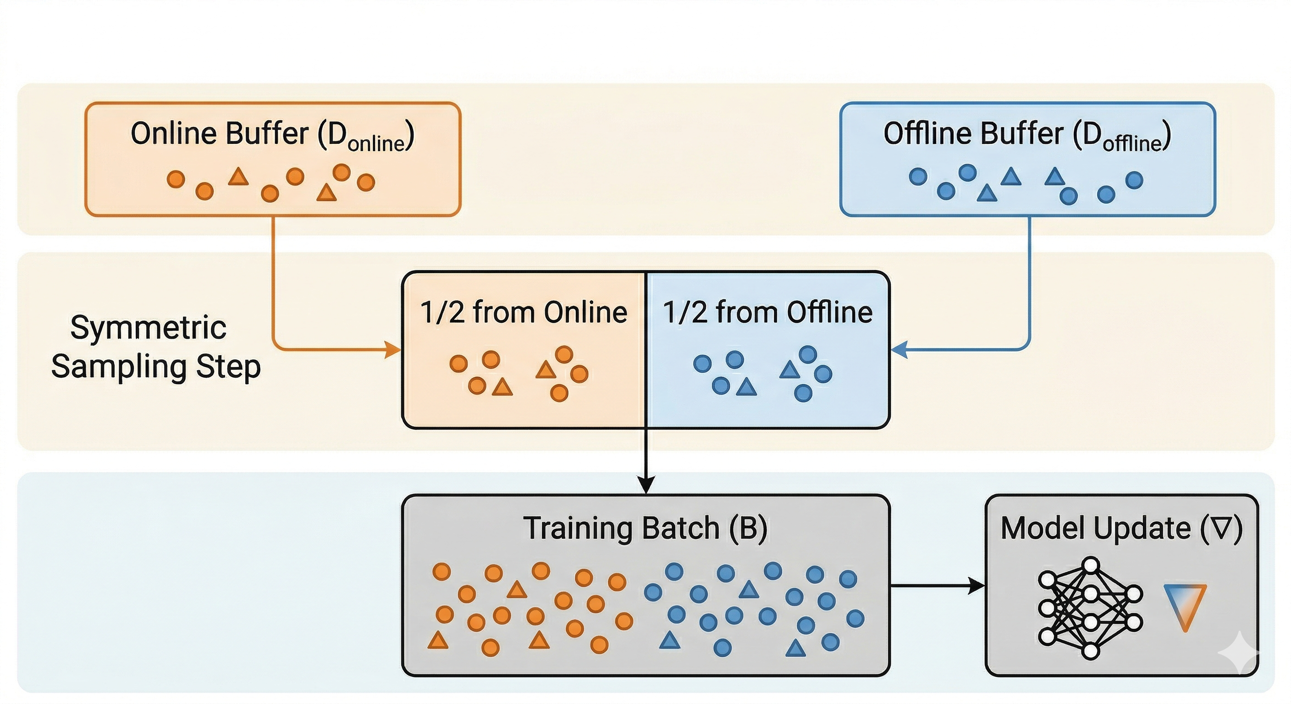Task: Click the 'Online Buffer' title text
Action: tap(220, 134)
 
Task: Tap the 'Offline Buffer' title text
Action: tap(973, 134)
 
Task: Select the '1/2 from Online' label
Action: tap(523, 312)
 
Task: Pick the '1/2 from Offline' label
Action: tap(767, 312)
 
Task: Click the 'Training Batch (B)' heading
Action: tap(645, 528)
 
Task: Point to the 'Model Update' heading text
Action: tap(1096, 528)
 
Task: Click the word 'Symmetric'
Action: tap(149, 328)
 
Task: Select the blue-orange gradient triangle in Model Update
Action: tap(1185, 611)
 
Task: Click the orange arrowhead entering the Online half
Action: tap(393, 349)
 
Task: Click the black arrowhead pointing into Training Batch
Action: tap(646, 485)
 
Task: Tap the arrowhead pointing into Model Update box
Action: tap(976, 585)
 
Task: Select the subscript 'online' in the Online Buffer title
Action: tap(376, 144)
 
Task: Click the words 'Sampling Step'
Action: tap(156, 367)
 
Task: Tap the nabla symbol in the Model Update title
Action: tap(1221, 528)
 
